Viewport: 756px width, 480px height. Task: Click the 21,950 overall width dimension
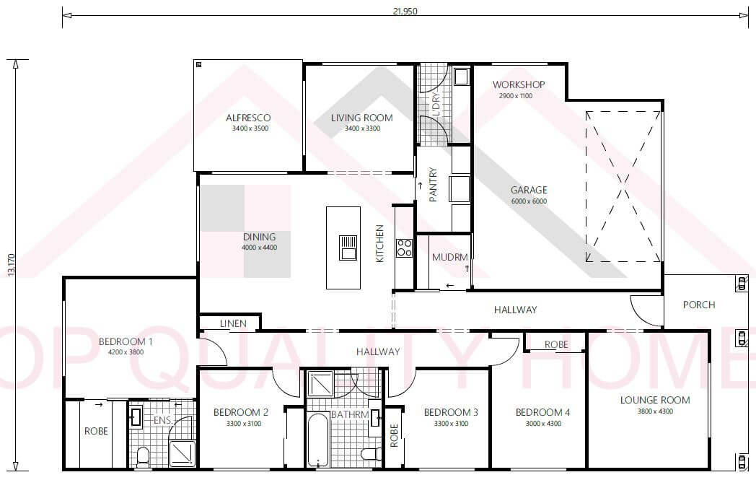click(x=405, y=11)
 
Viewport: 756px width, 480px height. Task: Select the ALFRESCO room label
click(x=247, y=118)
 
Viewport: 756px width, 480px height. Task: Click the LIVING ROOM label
click(x=361, y=118)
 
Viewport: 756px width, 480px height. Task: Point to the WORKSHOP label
click(x=519, y=84)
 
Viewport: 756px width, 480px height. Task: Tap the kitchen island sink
click(x=348, y=248)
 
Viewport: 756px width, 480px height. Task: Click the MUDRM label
click(x=449, y=258)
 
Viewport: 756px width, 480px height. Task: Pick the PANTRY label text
click(x=434, y=186)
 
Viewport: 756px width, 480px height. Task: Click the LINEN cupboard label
click(x=233, y=324)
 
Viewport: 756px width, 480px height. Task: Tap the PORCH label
click(x=698, y=305)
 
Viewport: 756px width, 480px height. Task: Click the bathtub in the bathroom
click(x=317, y=440)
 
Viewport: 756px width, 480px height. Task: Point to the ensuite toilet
click(x=142, y=455)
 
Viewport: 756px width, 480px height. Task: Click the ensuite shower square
click(x=182, y=453)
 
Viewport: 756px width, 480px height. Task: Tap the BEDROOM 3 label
click(x=450, y=412)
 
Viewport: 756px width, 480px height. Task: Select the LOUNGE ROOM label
click(x=654, y=400)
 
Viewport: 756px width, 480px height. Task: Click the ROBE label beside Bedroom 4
click(x=555, y=345)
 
